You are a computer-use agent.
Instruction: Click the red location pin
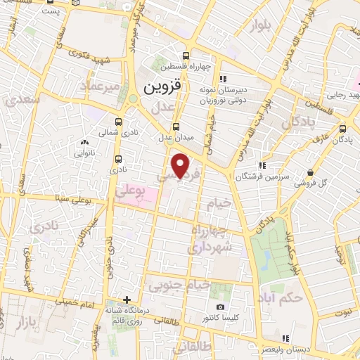click(x=181, y=165)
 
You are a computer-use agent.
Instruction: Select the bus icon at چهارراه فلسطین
click(x=185, y=56)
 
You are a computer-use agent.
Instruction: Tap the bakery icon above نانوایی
click(x=86, y=143)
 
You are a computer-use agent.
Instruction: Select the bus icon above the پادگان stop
click(x=342, y=128)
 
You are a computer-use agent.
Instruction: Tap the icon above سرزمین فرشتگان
click(x=263, y=165)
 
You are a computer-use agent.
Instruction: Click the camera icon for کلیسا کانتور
click(x=220, y=307)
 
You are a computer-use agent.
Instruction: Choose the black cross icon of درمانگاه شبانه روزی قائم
click(x=127, y=299)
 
